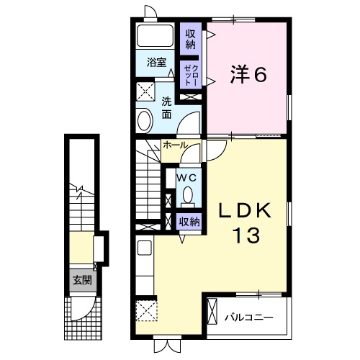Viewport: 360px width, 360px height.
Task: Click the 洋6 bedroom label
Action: click(249, 75)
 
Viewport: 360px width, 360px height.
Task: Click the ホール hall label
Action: click(175, 145)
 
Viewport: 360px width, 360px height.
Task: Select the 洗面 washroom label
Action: click(166, 107)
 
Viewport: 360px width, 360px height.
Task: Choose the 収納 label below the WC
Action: click(189, 222)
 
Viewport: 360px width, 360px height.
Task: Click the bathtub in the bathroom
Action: click(153, 38)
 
